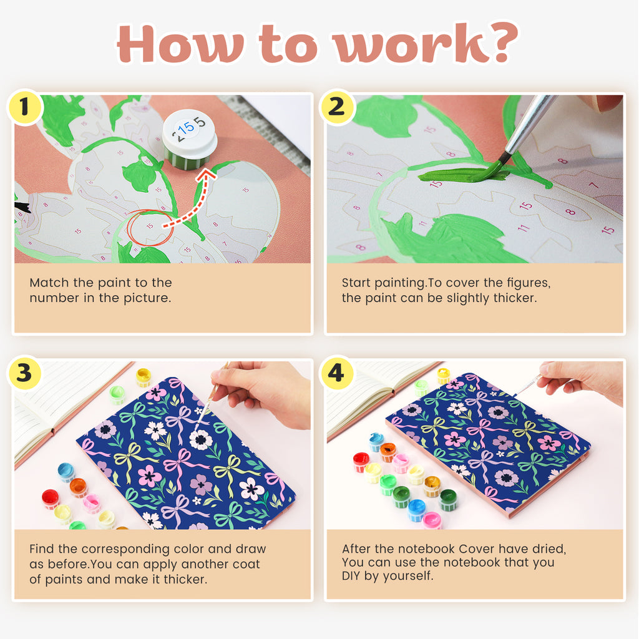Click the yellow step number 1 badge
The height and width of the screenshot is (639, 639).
click(x=25, y=107)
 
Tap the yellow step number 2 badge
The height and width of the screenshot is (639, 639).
click(x=337, y=107)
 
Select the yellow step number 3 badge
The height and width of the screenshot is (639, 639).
click(x=25, y=373)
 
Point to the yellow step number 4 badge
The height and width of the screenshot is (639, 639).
click(x=337, y=373)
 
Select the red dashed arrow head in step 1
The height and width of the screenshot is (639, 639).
click(x=207, y=175)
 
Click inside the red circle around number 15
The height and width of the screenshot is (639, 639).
click(x=150, y=227)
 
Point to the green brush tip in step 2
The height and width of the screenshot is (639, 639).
click(x=495, y=167)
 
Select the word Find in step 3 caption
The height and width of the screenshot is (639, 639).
click(x=42, y=549)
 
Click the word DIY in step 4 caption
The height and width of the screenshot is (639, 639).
click(x=351, y=575)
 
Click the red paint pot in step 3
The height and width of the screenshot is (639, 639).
click(x=50, y=499)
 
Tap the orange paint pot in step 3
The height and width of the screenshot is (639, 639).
click(x=78, y=487)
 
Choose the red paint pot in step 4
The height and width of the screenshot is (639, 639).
click(x=361, y=462)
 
